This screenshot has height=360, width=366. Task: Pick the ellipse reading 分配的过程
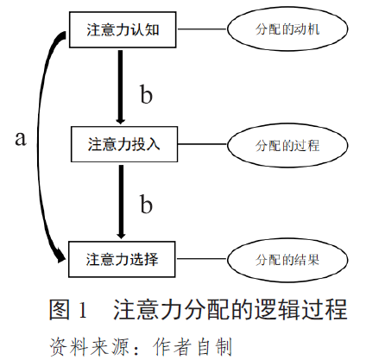pos(288,144)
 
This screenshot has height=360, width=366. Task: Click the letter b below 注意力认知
pos(146,93)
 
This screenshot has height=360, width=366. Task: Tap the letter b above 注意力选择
pos(146,204)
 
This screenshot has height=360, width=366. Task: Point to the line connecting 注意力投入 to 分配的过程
pos(202,143)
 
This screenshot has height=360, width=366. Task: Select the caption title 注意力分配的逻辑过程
pos(230,308)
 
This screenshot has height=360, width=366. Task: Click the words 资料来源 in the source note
pos(84,343)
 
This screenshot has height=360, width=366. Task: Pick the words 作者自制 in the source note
pos(192,343)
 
